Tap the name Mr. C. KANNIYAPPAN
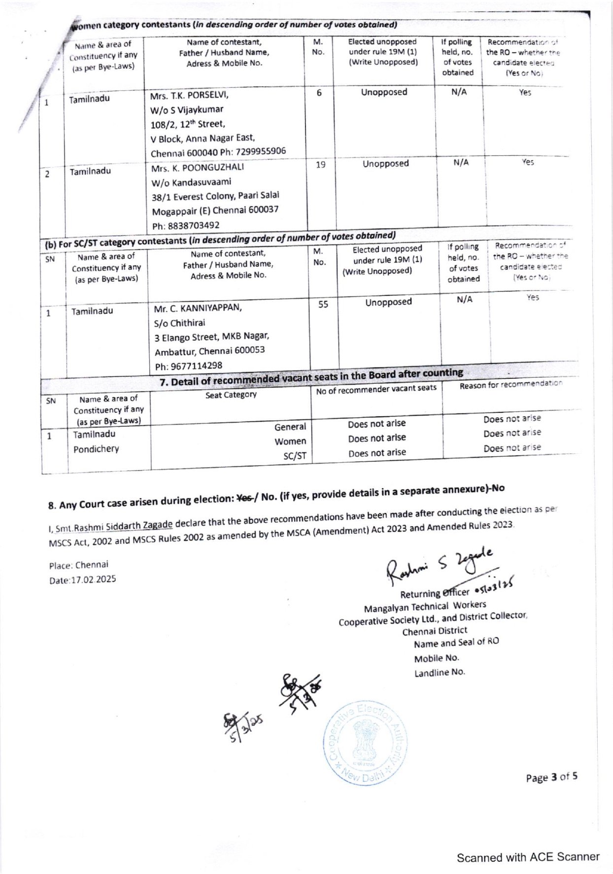click(198, 308)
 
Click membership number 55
click(323, 304)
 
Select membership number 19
click(320, 165)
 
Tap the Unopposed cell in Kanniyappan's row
click(388, 302)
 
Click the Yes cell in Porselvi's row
click(525, 92)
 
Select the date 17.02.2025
click(83, 579)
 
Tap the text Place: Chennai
click(79, 565)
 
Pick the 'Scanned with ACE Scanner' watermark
click(528, 857)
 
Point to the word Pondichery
click(96, 449)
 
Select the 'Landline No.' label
click(440, 672)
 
